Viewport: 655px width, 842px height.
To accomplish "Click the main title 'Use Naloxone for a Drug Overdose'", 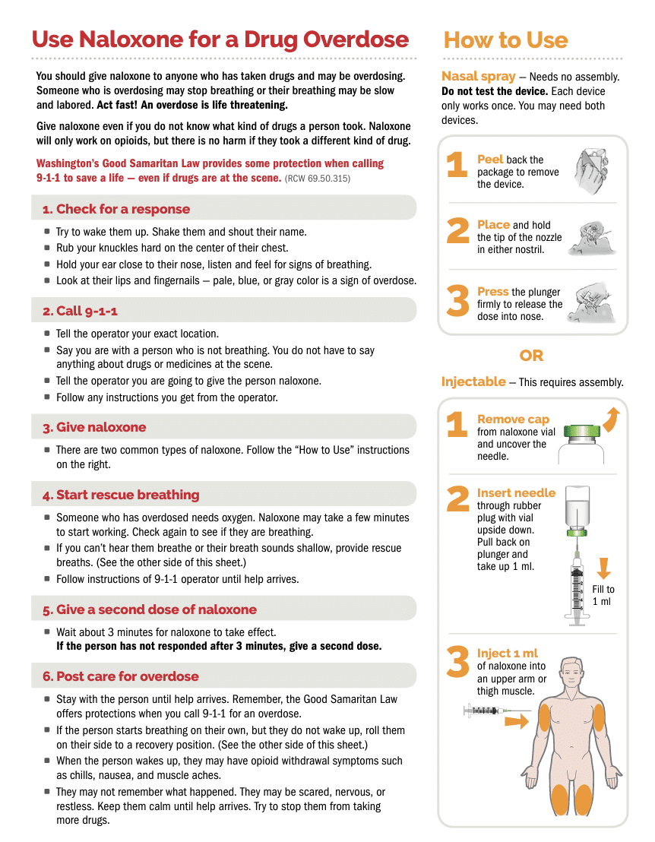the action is click(x=220, y=40).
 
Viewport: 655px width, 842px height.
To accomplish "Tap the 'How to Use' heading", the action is click(x=506, y=40).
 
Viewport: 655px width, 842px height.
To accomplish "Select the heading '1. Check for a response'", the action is click(x=116, y=209).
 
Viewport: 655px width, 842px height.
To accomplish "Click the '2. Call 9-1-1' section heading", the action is click(x=80, y=311).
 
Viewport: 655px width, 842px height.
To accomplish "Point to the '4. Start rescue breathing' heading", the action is click(x=121, y=495).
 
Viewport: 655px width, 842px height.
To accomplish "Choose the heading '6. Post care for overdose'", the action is click(x=121, y=676).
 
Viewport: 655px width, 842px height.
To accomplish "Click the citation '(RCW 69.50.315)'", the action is click(x=318, y=179).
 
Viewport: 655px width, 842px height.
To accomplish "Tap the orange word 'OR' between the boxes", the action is click(x=531, y=356).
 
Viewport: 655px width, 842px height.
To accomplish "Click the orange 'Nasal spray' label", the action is click(x=479, y=76).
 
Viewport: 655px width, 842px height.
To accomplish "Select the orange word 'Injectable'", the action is click(x=473, y=381).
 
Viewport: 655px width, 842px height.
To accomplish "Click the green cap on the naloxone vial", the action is click(x=582, y=431).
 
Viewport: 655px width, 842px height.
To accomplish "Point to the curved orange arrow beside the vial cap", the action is click(x=612, y=419).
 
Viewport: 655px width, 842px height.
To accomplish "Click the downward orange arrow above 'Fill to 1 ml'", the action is click(x=604, y=568).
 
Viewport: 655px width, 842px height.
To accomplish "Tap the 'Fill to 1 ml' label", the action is click(x=603, y=596).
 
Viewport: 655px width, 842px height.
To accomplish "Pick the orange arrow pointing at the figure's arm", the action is click(x=517, y=721).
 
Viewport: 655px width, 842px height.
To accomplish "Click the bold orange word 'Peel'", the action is click(x=490, y=160).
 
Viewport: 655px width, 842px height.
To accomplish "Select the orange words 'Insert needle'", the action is click(x=516, y=493).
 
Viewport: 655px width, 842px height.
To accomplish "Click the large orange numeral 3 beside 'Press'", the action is click(x=458, y=301).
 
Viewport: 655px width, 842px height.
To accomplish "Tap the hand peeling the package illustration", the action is click(x=591, y=171).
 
